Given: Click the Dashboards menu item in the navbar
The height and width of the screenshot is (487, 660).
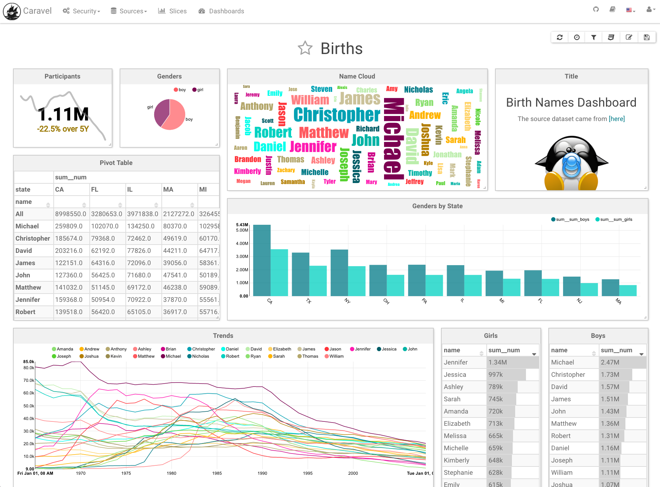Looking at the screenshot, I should point(221,11).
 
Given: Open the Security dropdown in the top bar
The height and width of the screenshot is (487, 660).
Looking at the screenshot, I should point(81,11).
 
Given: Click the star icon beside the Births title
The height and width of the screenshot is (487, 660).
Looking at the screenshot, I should point(305,48).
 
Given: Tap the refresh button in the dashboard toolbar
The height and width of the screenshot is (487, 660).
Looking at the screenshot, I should point(559,37).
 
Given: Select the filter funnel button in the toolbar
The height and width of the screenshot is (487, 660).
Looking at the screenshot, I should point(594,37).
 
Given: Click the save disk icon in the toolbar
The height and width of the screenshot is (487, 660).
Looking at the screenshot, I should point(647,37).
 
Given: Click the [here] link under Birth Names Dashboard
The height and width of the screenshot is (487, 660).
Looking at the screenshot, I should point(616,119).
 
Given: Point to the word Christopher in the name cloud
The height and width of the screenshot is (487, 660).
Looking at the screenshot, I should point(336,115).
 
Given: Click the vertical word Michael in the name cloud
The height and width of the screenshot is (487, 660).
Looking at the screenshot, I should point(393,139).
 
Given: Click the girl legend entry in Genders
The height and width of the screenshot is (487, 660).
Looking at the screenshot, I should point(198,90).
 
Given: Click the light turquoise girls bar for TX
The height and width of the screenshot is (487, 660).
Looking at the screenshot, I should point(318,281).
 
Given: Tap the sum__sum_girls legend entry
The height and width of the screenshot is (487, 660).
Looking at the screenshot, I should point(614,219).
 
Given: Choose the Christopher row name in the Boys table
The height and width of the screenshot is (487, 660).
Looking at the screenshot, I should point(568,375).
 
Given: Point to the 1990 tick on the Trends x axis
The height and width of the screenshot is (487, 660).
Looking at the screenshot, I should point(262,473).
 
